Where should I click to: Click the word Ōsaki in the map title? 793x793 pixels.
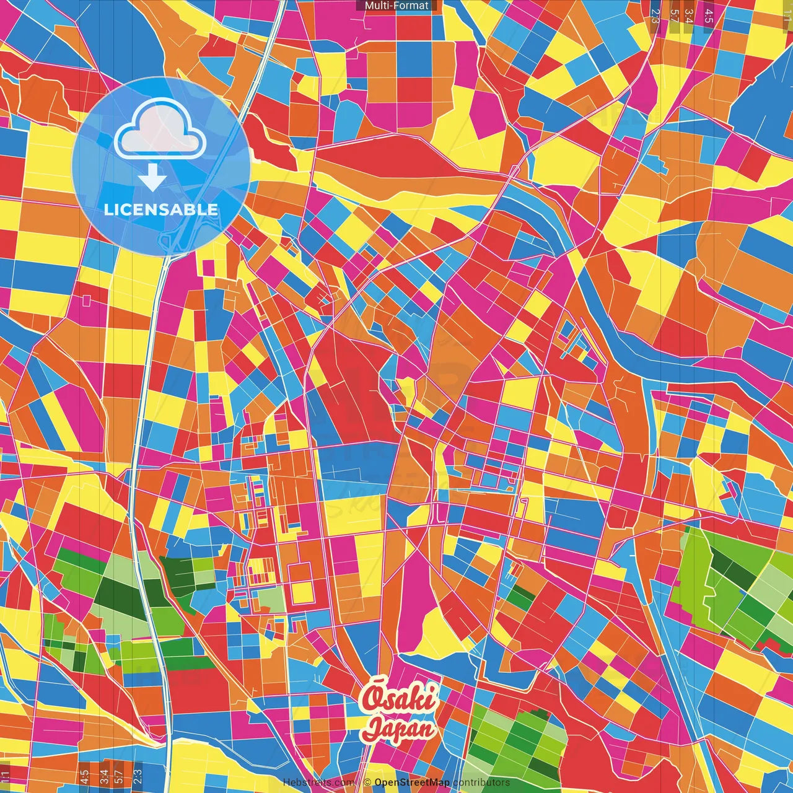pos(400,699)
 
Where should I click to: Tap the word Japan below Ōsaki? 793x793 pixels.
pos(399,729)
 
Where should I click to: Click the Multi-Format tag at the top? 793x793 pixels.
pos(396,6)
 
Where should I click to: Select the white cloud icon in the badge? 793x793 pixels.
pos(160,129)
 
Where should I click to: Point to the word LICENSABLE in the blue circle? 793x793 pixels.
pos(161,209)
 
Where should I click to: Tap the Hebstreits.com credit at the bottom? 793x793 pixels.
pos(318,782)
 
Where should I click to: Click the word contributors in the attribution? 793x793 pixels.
pos(481,782)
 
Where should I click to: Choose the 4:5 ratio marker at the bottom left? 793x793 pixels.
pos(84,776)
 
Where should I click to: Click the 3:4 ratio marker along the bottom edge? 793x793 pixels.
pos(103,776)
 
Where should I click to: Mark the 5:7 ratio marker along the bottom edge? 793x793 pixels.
pos(120,776)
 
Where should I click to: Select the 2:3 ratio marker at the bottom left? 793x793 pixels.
pos(138,776)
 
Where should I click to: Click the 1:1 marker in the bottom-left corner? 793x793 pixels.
pos(6,776)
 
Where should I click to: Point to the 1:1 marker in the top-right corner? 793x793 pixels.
pos(787,14)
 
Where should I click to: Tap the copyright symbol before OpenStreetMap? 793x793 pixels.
pos(367,782)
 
